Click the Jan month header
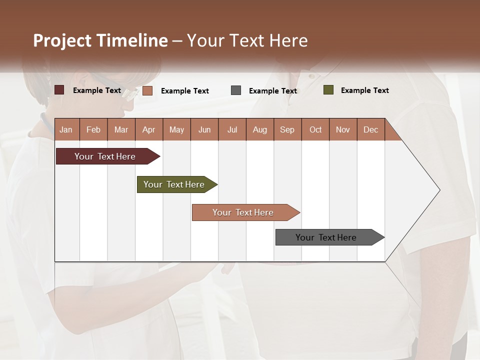(66, 129)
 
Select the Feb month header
(93, 129)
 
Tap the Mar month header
(121, 129)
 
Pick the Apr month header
(149, 129)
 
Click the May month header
(176, 129)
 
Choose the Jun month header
(204, 129)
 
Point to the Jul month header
(232, 129)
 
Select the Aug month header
(260, 129)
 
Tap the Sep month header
(287, 129)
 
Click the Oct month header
(315, 129)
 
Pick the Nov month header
(343, 129)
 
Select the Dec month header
(371, 129)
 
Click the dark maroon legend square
(59, 90)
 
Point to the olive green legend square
(328, 90)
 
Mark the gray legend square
(236, 90)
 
